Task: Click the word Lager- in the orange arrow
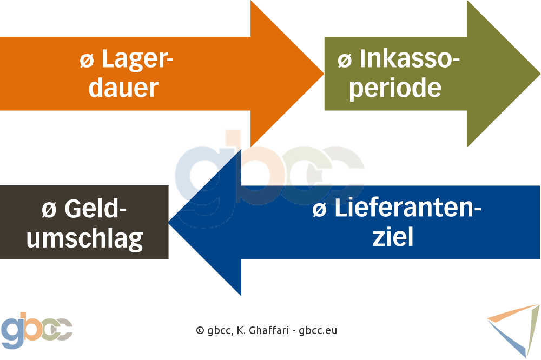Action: click(137, 60)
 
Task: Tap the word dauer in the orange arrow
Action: click(123, 88)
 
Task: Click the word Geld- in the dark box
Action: click(96, 208)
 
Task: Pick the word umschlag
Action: click(85, 239)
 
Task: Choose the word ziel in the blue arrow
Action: click(393, 237)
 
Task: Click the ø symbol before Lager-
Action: click(87, 61)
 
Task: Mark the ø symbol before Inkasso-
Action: click(345, 61)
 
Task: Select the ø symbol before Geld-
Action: click(49, 210)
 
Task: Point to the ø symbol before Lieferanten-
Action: click(320, 210)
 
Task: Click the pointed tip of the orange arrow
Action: click(324, 73)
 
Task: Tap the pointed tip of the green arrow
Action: click(539, 74)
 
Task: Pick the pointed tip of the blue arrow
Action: click(169, 222)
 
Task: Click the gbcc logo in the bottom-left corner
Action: click(37, 330)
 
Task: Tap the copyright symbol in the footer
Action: click(200, 330)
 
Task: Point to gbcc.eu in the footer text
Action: click(318, 330)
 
